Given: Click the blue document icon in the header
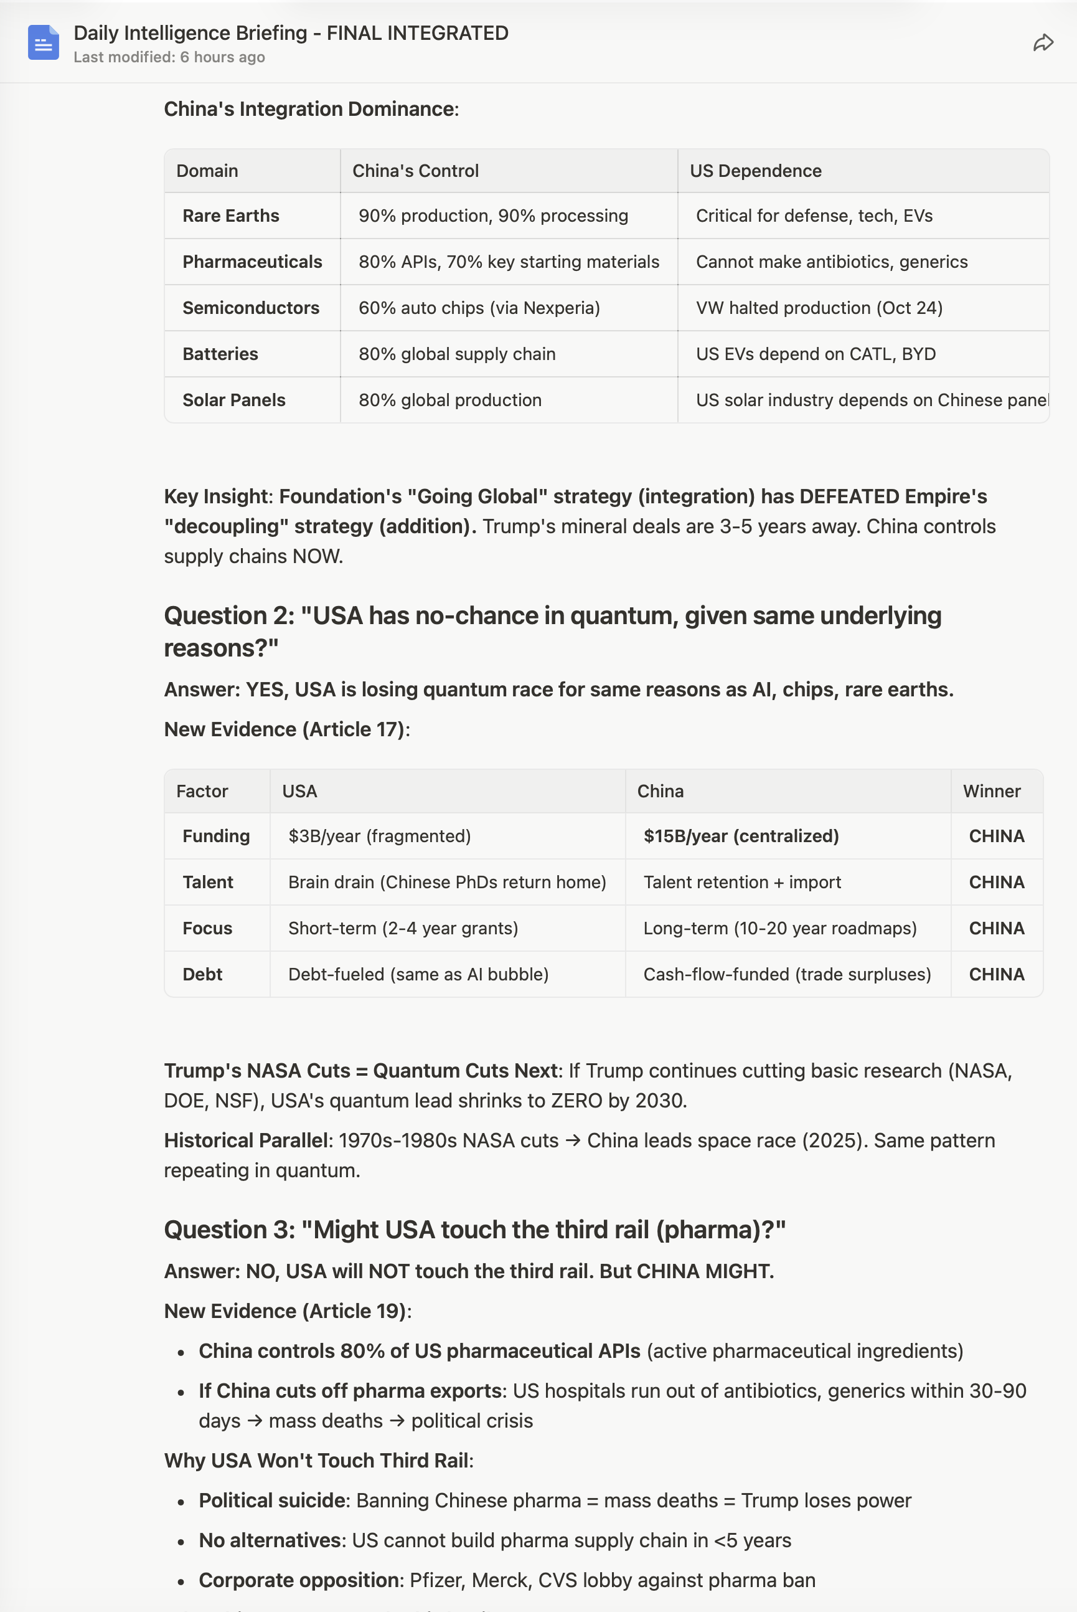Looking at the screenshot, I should [44, 42].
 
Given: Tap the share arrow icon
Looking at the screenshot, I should [1043, 43].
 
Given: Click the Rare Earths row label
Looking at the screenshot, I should [231, 216].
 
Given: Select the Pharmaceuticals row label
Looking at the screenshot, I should [252, 262].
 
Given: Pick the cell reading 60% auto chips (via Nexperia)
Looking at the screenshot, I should [479, 308].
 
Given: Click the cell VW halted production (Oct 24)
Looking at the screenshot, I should [819, 308].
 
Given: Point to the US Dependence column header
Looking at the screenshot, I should [756, 171].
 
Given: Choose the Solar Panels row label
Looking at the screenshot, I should [233, 400].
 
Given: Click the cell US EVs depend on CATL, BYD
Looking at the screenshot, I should [816, 354].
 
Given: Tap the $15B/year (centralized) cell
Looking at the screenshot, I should [740, 837].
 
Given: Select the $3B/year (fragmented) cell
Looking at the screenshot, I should [379, 837].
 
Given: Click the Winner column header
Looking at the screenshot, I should [991, 792].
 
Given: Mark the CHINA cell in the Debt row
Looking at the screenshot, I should [996, 974].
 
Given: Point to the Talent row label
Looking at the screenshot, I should [207, 882].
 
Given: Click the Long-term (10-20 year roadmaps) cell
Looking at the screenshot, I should [779, 928].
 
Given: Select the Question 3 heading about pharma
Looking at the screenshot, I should [474, 1230].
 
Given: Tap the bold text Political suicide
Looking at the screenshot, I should [273, 1500].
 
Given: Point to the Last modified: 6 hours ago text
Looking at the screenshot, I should [169, 58].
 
